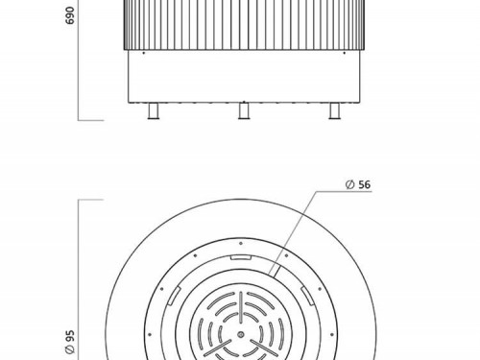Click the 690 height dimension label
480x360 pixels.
pyautogui.click(x=69, y=15)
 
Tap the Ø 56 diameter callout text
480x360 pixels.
pyautogui.click(x=358, y=184)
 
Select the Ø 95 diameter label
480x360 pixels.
pyautogui.click(x=69, y=342)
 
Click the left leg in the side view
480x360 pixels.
pyautogui.click(x=154, y=111)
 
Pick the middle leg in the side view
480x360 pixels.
pyautogui.click(x=244, y=110)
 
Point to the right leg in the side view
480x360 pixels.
pyautogui.click(x=334, y=111)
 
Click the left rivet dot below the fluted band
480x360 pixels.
pyautogui.click(x=143, y=53)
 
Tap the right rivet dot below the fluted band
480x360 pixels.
pyautogui.click(x=345, y=53)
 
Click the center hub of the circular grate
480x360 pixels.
pyautogui.click(x=241, y=335)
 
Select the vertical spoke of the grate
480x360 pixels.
pyautogui.click(x=241, y=307)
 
